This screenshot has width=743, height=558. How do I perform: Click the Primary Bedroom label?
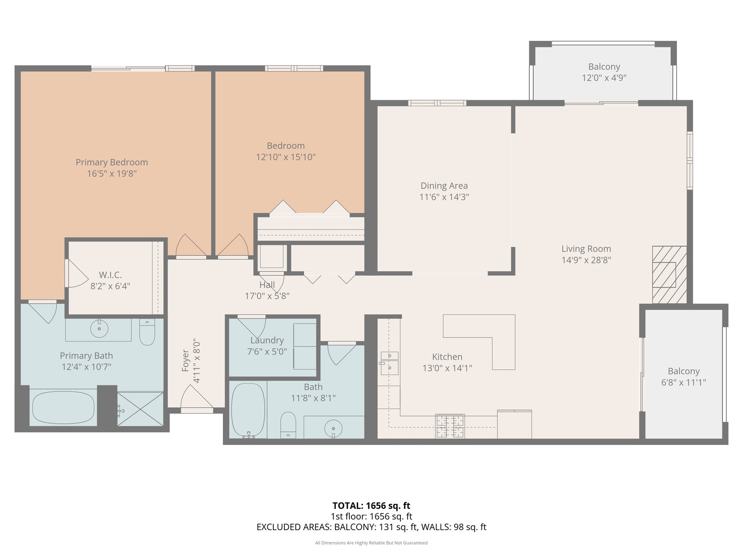pos(111,162)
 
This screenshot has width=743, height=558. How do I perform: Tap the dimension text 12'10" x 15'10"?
pos(285,157)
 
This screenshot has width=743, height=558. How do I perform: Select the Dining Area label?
pos(444,185)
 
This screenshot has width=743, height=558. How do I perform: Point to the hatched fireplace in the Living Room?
pos(669,274)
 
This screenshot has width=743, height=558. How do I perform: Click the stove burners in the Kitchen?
pos(450,426)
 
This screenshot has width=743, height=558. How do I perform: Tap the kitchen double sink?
pos(390,362)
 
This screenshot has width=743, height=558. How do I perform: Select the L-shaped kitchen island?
pos(490,336)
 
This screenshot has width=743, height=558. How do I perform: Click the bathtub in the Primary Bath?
pos(63,407)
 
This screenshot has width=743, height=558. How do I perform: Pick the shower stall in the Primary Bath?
pos(140,409)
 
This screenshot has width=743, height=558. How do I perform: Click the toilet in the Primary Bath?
pos(147,333)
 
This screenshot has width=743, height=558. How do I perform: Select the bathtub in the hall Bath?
pos(248,410)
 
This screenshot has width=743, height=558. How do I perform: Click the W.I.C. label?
pos(110,275)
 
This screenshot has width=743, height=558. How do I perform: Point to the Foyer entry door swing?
pos(196,399)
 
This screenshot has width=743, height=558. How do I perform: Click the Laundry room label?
pos(267,340)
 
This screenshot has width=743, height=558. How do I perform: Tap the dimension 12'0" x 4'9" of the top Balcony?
pos(604,78)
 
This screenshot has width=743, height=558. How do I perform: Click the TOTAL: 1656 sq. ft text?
pos(371,505)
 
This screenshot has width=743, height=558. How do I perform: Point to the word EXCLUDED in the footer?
pos(279,527)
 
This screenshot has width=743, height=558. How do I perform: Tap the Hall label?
pos(267,285)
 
